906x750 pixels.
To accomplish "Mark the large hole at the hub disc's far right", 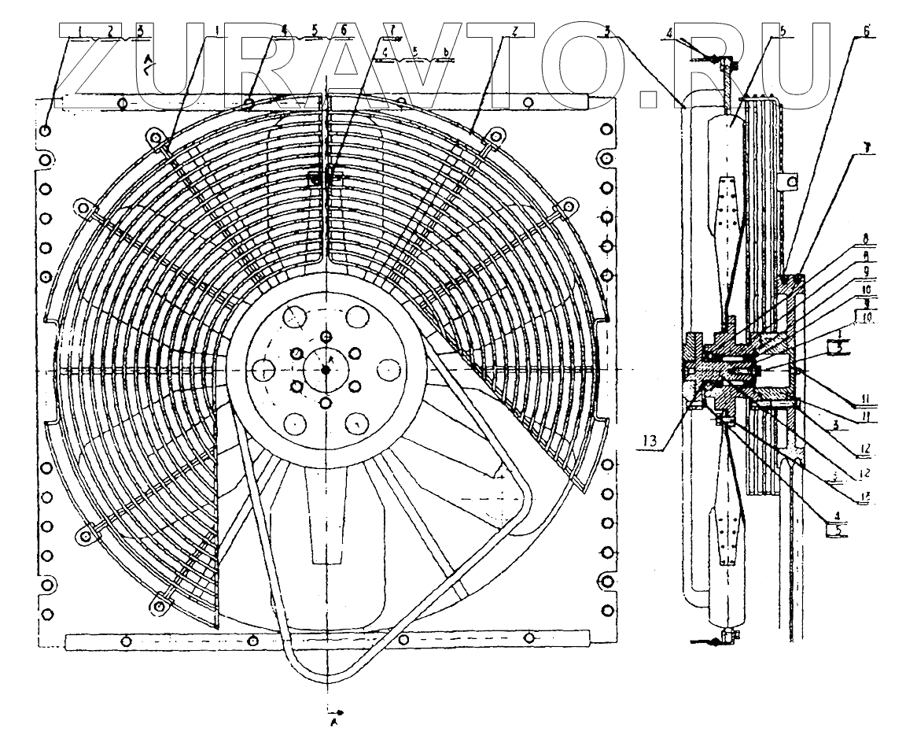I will [389, 368].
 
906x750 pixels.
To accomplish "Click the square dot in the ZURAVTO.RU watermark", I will [649, 97].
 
